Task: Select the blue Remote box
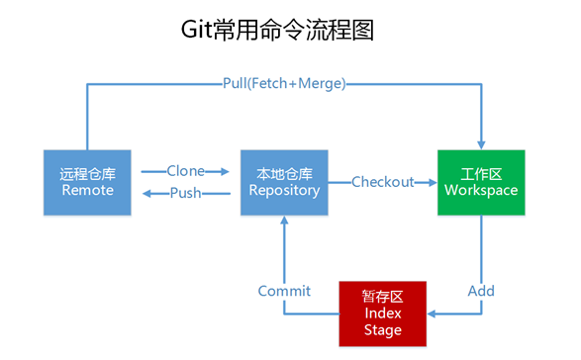[x=87, y=182]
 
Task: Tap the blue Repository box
[x=285, y=182]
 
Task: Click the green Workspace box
[x=481, y=182]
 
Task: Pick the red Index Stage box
[x=383, y=313]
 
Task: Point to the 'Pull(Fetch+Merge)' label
[x=284, y=84]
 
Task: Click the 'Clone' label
[x=185, y=171]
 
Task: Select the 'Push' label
[x=185, y=193]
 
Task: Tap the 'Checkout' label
[x=382, y=182]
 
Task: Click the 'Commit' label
[x=284, y=291]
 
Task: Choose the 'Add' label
[x=481, y=291]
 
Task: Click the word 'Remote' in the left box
[x=87, y=190]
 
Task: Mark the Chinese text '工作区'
[x=481, y=173]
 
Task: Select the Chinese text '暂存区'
[x=383, y=297]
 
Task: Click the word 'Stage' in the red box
[x=383, y=328]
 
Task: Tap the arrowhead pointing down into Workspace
[x=481, y=143]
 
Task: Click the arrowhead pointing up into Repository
[x=285, y=222]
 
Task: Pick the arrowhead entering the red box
[x=434, y=313]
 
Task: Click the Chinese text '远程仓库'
[x=87, y=173]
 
